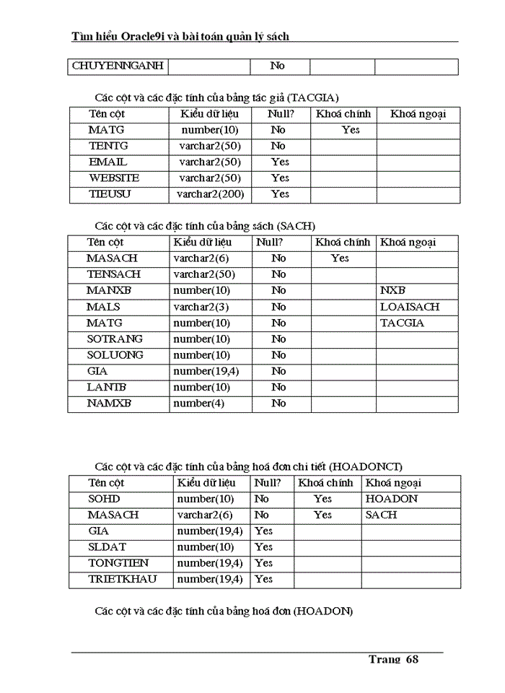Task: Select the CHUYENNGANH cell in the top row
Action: pos(118,66)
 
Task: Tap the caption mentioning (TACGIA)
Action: pos(216,97)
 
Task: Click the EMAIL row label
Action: pos(107,162)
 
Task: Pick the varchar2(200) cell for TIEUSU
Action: pos(209,193)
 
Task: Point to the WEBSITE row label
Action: pos(114,178)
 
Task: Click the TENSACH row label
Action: pos(114,274)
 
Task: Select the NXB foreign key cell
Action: pos(393,290)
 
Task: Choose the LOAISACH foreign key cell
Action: pos(409,307)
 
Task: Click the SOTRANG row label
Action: pos(115,339)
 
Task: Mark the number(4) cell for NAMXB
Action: pos(198,403)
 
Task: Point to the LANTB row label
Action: pos(107,387)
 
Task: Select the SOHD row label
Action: pos(104,499)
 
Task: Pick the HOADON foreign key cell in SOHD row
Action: pos(392,499)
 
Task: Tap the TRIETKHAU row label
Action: pos(122,579)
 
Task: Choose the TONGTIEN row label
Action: pos(118,562)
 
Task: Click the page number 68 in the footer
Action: pos(412,659)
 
